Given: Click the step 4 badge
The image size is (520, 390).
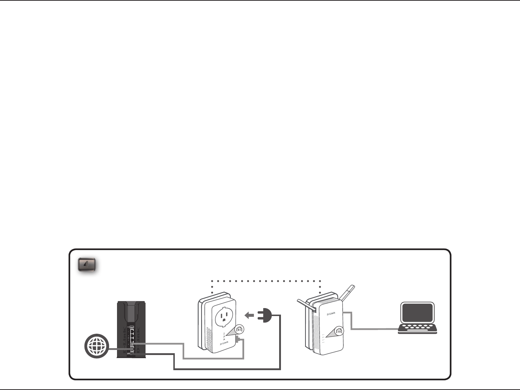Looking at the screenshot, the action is tap(87, 265).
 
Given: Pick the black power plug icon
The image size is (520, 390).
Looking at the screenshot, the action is tap(264, 316).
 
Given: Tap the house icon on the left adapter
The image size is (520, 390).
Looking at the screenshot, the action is tap(239, 329).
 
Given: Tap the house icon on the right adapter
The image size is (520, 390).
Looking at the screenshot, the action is tap(338, 330).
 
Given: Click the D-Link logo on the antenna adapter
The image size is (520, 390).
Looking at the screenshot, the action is tap(331, 314).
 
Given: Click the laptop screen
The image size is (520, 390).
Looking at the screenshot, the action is tap(417, 313).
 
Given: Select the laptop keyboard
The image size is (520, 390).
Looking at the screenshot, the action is tap(417, 328).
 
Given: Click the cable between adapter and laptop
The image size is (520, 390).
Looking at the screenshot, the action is tap(372, 329).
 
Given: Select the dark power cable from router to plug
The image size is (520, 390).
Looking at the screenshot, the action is tap(227, 369).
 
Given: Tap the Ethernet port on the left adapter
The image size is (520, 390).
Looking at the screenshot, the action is tap(238, 340).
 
